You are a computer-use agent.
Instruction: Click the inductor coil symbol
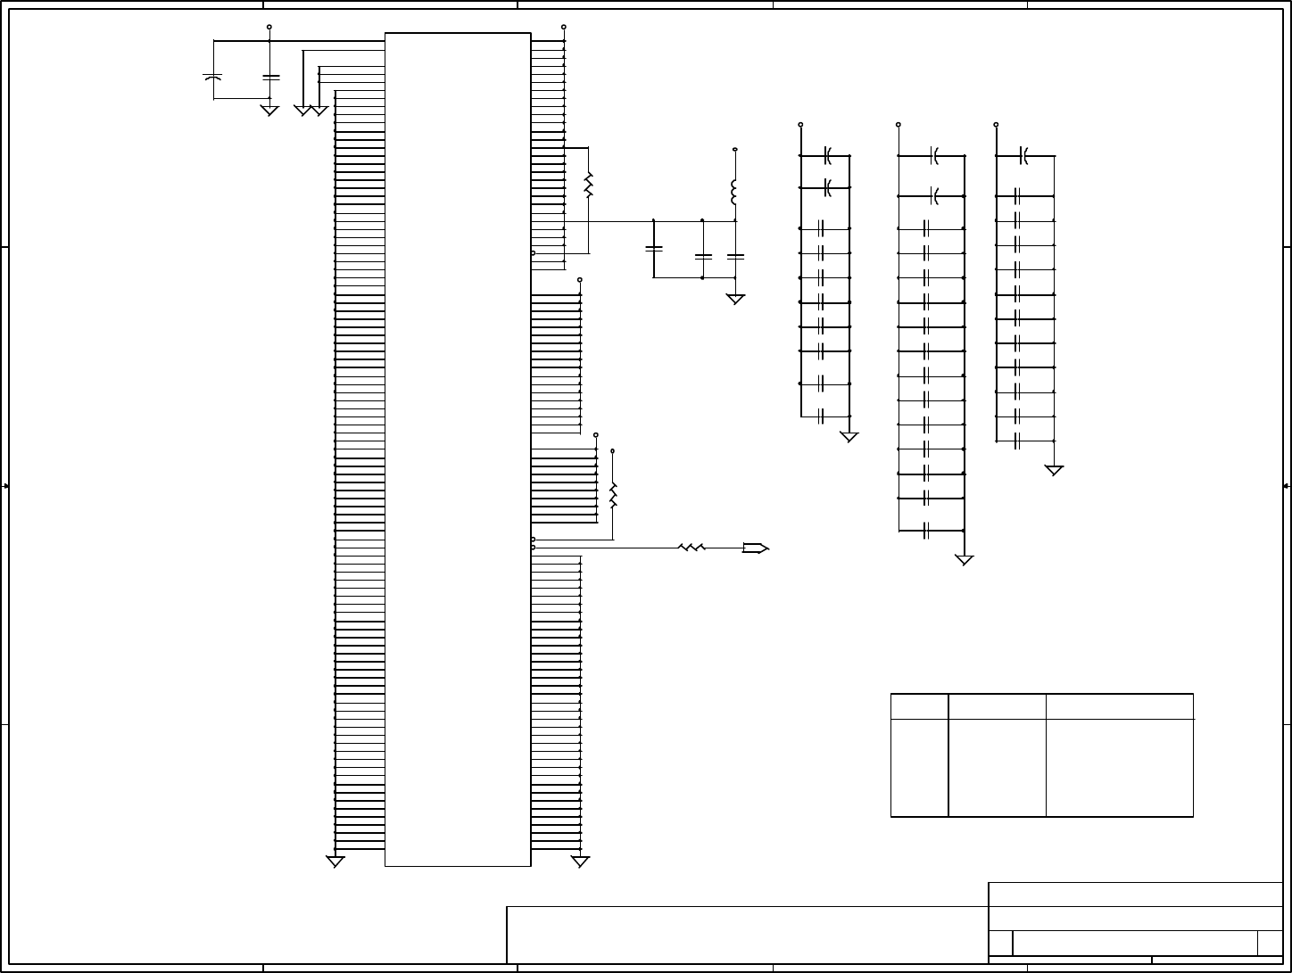coord(734,192)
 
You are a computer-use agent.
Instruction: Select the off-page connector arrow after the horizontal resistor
coord(755,548)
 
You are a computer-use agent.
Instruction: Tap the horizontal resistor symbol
coord(692,548)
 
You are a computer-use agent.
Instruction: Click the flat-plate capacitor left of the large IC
coord(270,78)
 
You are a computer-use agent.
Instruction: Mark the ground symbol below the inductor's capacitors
coord(735,300)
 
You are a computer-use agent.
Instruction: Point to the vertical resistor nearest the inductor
coord(588,186)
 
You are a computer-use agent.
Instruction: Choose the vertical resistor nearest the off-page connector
coord(613,495)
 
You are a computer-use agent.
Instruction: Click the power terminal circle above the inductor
coord(734,150)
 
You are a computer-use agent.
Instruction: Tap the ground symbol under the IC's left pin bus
coord(335,862)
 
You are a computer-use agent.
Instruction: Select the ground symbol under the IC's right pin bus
coord(580,862)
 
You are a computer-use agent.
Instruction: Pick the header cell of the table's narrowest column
coord(919,706)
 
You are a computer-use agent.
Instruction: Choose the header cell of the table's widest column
coord(1119,706)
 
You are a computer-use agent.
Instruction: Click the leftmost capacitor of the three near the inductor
coord(654,247)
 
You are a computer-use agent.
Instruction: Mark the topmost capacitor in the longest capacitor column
coord(934,156)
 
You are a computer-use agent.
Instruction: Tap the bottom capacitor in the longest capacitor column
coord(927,532)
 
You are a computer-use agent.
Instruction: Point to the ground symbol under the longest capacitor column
coord(964,560)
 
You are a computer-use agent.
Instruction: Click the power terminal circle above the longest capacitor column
coord(898,125)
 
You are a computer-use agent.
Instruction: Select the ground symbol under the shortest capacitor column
coord(849,437)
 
